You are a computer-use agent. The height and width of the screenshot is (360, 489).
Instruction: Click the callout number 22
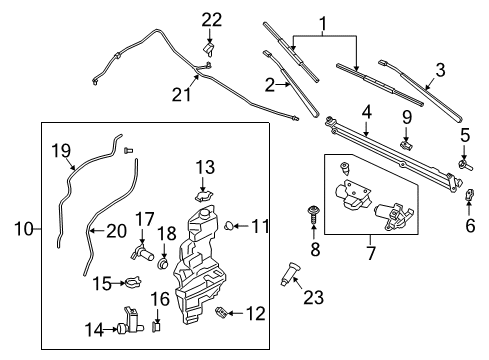click(211, 20)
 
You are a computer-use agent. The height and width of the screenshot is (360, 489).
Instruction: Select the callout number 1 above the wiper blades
click(323, 22)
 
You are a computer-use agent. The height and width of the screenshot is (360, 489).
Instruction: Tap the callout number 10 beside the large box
click(23, 229)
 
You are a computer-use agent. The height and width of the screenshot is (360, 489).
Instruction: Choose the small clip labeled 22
click(209, 47)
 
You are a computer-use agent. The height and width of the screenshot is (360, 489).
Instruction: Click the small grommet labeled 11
click(232, 226)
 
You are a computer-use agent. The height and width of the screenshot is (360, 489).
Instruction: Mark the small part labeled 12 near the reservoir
click(222, 314)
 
